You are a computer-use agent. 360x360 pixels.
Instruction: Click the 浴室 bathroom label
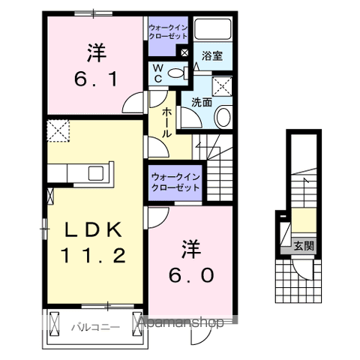212,55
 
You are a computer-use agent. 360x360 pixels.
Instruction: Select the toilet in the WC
177,73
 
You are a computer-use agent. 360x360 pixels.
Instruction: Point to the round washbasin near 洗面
223,115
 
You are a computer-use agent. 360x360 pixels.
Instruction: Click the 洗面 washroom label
200,103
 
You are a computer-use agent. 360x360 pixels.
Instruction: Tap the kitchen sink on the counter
97,172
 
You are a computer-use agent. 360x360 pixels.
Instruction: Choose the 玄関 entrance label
304,244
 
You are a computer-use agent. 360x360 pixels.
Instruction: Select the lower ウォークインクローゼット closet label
175,181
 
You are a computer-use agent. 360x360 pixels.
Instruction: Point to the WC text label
158,73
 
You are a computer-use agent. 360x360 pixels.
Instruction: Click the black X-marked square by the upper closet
184,52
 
